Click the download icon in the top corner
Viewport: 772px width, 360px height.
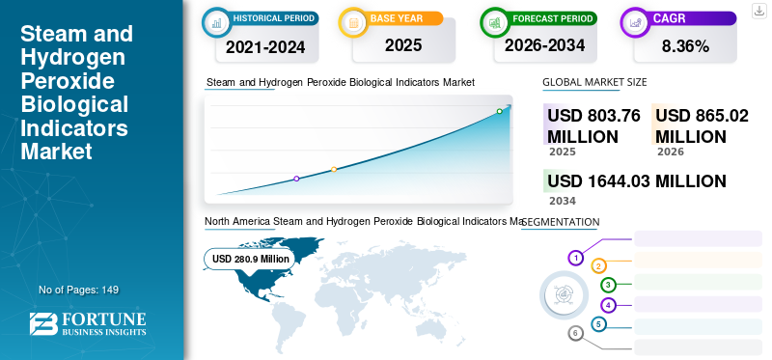[759, 11]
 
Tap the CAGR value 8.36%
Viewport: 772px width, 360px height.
[685, 46]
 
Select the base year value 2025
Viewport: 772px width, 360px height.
[403, 45]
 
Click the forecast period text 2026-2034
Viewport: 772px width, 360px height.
[544, 45]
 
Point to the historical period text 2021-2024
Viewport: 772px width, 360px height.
[265, 47]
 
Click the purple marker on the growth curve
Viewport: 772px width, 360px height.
[296, 179]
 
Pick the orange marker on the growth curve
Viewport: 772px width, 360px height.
[334, 170]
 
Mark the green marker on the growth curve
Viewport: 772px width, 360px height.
[499, 111]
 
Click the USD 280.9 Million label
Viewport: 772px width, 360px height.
[250, 259]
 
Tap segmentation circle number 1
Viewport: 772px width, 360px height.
[575, 258]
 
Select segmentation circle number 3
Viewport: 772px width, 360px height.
[609, 285]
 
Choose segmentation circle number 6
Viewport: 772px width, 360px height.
[575, 334]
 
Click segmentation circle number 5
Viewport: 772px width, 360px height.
[598, 324]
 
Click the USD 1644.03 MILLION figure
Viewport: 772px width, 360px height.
[637, 181]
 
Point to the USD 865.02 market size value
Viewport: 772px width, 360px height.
[702, 125]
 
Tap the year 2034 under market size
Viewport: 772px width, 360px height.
[563, 201]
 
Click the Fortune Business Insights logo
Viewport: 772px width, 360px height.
[88, 323]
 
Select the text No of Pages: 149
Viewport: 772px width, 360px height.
[79, 290]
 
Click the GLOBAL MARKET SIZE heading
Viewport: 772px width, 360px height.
[594, 82]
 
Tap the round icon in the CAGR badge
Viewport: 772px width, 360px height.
[635, 22]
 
